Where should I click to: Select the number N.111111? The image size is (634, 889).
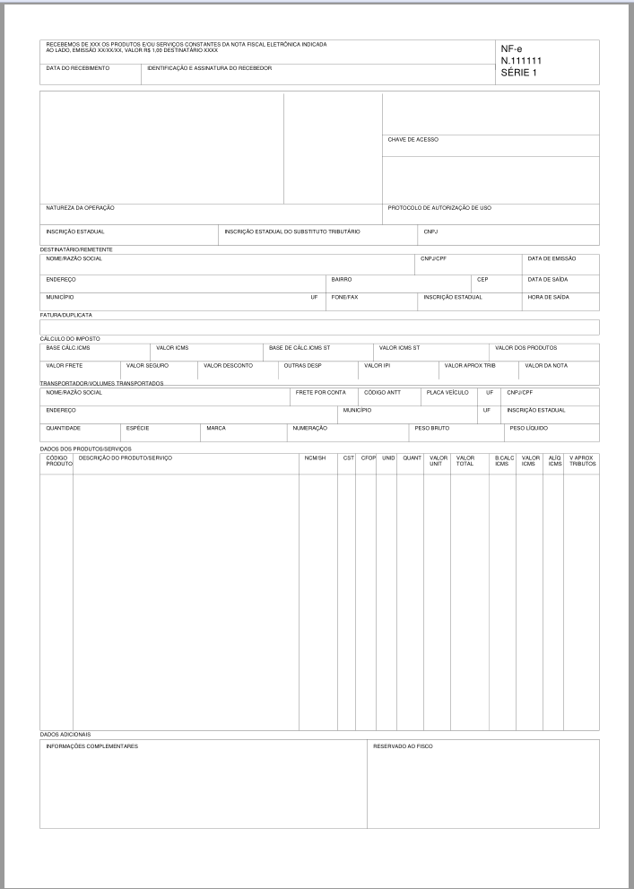pos(521,61)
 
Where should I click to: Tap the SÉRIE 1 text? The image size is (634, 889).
pos(518,73)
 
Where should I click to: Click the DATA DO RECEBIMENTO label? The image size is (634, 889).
pos(77,68)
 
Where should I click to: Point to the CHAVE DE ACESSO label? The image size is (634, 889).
pos(413,140)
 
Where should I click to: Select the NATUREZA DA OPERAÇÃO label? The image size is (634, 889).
pos(80,208)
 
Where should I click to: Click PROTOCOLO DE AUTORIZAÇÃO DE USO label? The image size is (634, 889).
pos(439,208)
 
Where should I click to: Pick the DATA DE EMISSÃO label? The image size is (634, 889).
pos(551,258)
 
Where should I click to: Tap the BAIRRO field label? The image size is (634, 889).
pos(342,279)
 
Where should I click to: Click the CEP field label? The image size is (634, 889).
pos(482,279)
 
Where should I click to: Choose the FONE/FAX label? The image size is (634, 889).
pos(344,297)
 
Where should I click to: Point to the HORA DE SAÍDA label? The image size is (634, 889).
pos(549,297)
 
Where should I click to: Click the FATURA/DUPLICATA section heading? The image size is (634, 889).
pos(66,315)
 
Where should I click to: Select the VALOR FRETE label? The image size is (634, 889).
pos(65,366)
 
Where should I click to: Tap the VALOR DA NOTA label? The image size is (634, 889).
pos(547,366)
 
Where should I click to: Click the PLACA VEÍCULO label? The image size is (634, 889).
pos(447,392)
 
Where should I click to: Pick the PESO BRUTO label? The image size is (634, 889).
pos(431,428)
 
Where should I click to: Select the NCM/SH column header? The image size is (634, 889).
pos(315,458)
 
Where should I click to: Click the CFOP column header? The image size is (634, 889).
pos(368,458)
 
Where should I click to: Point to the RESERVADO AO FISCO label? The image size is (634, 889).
pos(403,745)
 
